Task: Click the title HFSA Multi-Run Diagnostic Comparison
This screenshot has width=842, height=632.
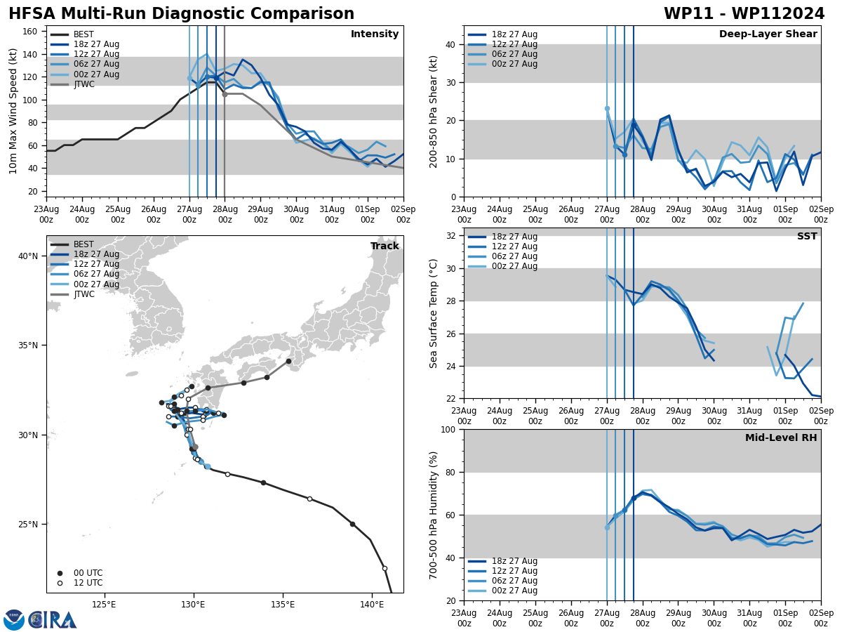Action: click(181, 14)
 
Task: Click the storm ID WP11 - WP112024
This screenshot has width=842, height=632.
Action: click(744, 14)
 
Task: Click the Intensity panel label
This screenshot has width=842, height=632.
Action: click(374, 34)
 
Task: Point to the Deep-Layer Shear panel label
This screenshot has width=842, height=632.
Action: click(768, 34)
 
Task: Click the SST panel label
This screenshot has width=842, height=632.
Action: click(806, 237)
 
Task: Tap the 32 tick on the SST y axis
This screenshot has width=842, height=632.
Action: click(451, 236)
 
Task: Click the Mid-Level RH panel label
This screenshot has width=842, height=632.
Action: click(781, 438)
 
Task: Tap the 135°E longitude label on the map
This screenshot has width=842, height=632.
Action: click(282, 604)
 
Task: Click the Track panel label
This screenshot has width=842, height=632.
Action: click(385, 246)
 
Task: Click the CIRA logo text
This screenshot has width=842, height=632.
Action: click(52, 620)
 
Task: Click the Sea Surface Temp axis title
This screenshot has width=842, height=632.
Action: click(434, 313)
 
